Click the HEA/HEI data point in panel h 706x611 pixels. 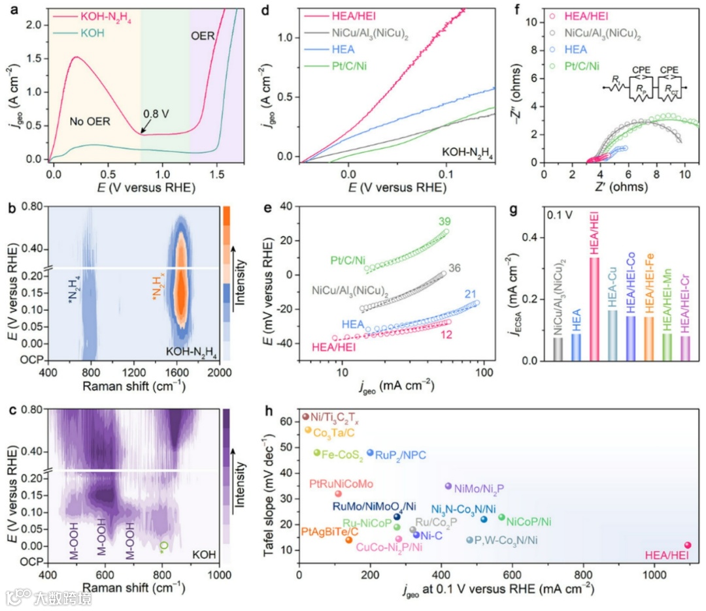687,545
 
